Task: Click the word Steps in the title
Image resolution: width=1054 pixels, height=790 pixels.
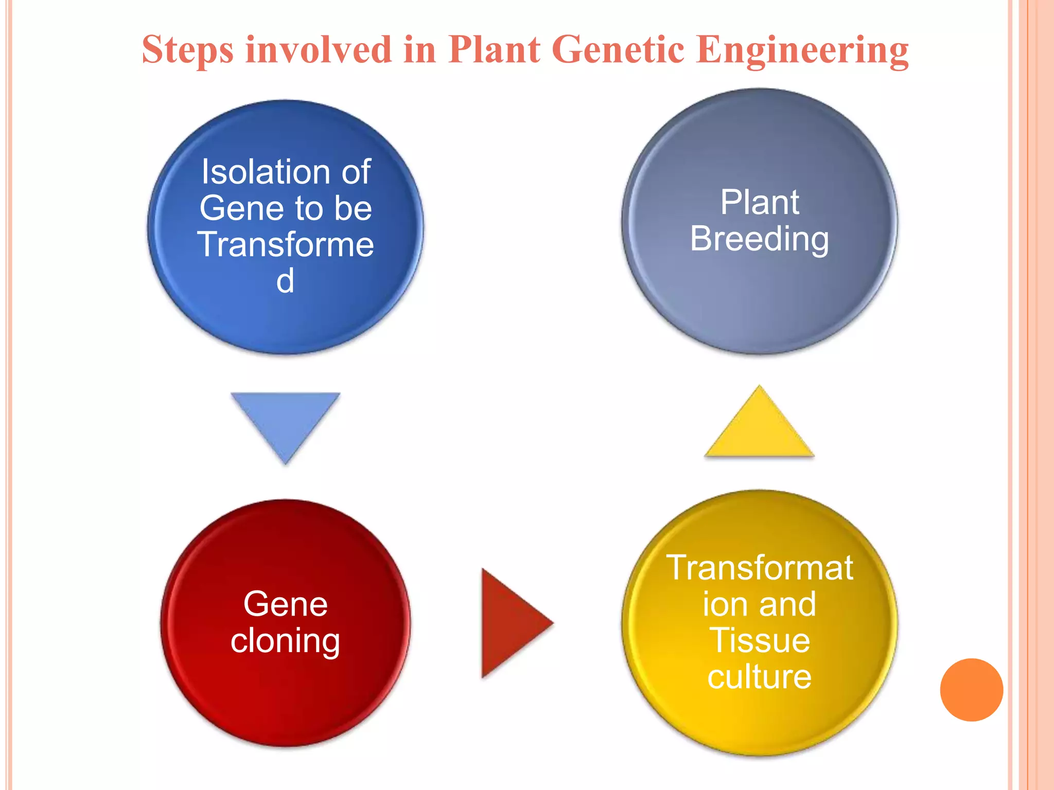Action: pyautogui.click(x=187, y=50)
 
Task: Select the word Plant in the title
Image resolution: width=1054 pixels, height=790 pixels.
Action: pyautogui.click(x=494, y=50)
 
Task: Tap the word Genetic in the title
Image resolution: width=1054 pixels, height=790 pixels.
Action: pyautogui.click(x=620, y=50)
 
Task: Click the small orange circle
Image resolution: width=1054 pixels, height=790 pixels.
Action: pyautogui.click(x=971, y=690)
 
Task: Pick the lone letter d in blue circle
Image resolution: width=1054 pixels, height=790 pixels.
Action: pyautogui.click(x=286, y=281)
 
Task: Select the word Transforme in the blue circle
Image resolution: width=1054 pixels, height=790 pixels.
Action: pyautogui.click(x=286, y=244)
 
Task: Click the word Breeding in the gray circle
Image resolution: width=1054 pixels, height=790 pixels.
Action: pyautogui.click(x=760, y=239)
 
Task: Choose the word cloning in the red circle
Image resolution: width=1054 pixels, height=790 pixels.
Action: pyautogui.click(x=286, y=641)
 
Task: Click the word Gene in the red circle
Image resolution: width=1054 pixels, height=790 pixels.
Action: pyautogui.click(x=286, y=604)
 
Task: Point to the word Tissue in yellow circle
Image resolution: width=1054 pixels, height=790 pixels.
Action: pyautogui.click(x=760, y=641)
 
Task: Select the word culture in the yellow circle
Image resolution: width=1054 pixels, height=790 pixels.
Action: pyautogui.click(x=760, y=677)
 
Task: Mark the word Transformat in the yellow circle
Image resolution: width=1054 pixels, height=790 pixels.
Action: pyautogui.click(x=760, y=568)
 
